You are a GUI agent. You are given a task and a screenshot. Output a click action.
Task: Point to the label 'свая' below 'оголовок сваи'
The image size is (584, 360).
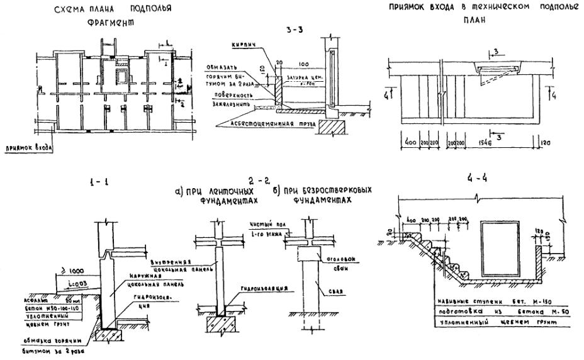(x=334, y=290)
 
